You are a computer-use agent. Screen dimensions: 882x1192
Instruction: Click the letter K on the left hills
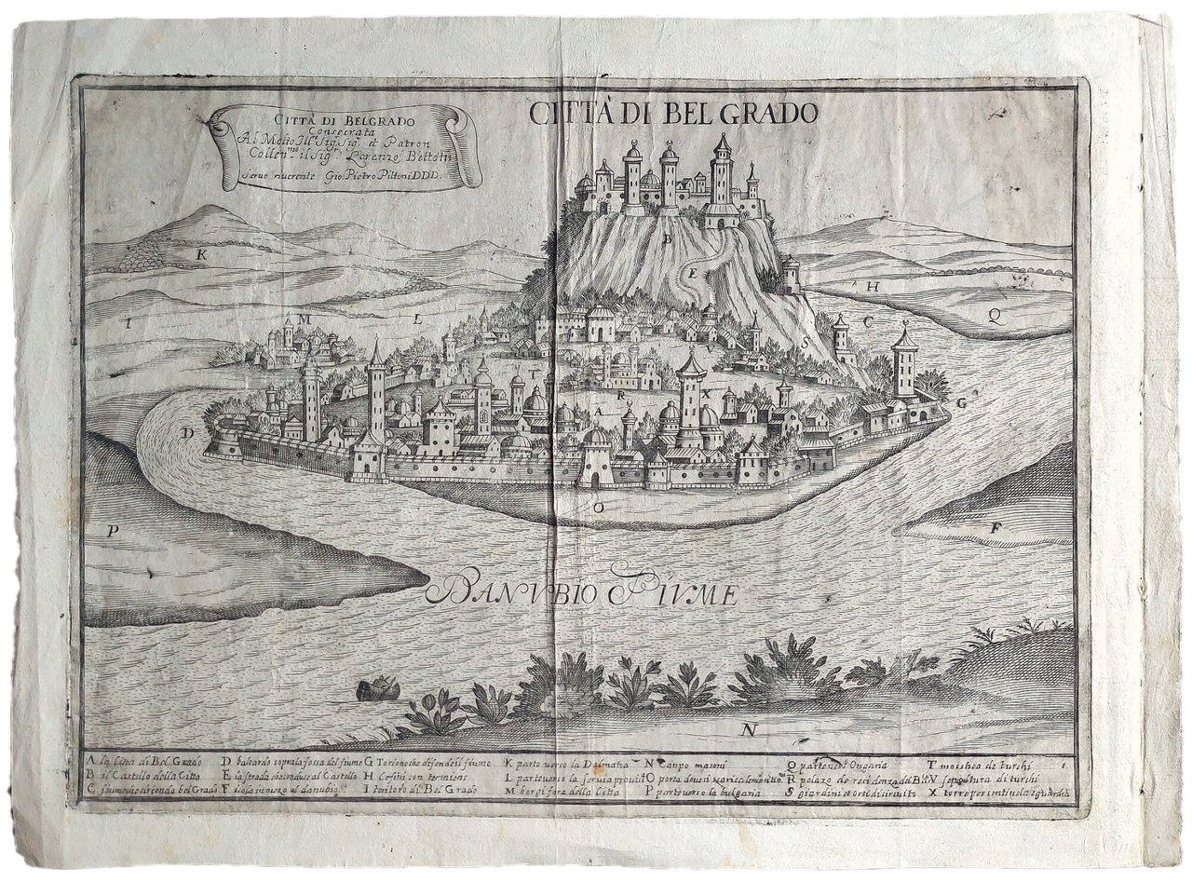point(200,252)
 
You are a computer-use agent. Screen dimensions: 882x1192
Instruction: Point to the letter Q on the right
point(994,314)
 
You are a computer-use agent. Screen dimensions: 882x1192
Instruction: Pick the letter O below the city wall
point(602,508)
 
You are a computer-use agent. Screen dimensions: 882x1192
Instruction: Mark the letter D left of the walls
point(188,432)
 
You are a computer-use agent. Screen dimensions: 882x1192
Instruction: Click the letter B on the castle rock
point(667,238)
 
